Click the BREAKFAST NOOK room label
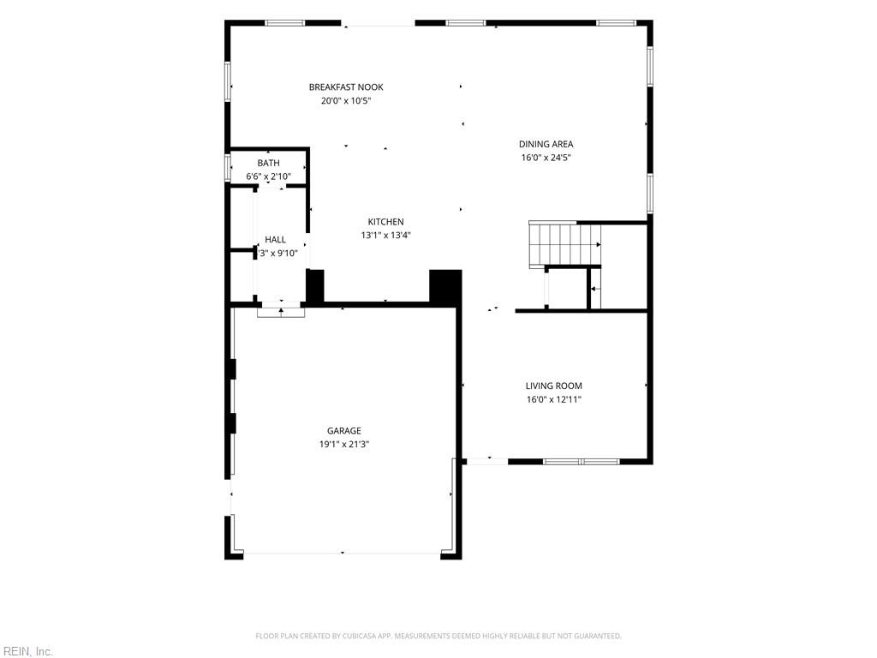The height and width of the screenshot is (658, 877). point(346,87)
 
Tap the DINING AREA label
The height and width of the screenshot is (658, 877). point(546,144)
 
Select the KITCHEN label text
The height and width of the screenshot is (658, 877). point(386,222)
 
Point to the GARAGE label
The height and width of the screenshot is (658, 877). point(344,431)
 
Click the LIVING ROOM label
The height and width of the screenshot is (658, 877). point(554,386)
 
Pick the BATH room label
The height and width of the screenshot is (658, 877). point(268,164)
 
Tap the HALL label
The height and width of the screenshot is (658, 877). point(275,240)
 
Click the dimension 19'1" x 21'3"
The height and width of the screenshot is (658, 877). point(344,445)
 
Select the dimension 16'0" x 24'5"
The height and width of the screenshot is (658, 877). point(546,158)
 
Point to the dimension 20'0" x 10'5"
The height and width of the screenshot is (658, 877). point(346,101)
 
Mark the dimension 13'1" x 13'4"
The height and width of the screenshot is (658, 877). point(386,236)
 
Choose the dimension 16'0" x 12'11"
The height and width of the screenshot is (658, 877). point(554,399)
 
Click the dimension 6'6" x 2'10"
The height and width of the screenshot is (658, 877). point(268,176)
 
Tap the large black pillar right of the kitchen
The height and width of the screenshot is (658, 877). point(445,288)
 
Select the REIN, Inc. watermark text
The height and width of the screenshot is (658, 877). point(27,651)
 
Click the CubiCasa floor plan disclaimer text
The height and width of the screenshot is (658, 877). point(438,637)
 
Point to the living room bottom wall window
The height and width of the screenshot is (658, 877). point(582,462)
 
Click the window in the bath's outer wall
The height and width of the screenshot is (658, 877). point(228,167)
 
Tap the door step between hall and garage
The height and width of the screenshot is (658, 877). point(281,312)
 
